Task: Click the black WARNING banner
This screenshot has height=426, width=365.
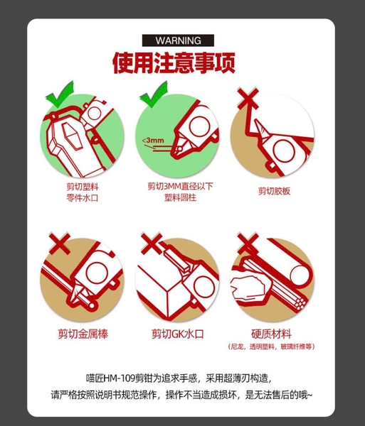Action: click(178, 40)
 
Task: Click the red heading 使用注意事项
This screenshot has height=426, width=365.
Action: click(174, 63)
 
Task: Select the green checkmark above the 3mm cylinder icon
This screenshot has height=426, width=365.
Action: click(154, 94)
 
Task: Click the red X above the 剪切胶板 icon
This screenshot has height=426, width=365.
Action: click(248, 98)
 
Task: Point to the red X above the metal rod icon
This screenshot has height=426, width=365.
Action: click(60, 243)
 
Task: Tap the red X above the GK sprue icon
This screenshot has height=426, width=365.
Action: click(152, 243)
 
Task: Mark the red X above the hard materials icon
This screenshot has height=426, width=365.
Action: click(248, 243)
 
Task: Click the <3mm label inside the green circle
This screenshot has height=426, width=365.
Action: click(153, 141)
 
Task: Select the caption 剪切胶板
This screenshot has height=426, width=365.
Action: click(275, 191)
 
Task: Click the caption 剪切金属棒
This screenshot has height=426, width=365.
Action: click(83, 334)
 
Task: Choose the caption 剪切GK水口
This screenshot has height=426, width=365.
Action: click(178, 334)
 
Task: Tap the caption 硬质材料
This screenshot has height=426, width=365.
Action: click(271, 334)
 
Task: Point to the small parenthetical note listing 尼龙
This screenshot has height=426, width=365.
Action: click(271, 346)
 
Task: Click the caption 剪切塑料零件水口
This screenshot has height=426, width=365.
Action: click(83, 192)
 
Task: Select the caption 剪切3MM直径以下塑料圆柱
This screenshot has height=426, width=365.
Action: click(180, 192)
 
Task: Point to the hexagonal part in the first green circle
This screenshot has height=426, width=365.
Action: click(71, 136)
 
